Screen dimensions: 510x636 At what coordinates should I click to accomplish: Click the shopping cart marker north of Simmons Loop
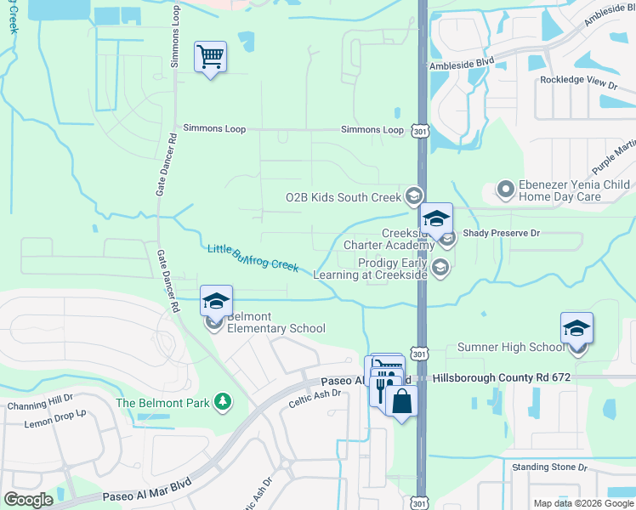coord(210,58)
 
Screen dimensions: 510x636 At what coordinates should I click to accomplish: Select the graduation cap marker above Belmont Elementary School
coord(216,301)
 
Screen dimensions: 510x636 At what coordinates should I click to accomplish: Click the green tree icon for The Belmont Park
coord(223,401)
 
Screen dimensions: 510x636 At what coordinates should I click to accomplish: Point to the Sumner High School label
coord(510,347)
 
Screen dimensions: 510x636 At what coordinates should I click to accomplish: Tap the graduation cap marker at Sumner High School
coord(576,328)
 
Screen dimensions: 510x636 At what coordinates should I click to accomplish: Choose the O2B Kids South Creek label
coord(343,197)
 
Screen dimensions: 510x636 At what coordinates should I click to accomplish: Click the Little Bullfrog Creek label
coord(253,258)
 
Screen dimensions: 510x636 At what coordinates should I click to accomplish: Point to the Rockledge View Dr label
coord(578,82)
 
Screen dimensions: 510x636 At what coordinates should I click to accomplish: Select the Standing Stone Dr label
coord(550,467)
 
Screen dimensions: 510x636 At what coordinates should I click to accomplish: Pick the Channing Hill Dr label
coord(40,406)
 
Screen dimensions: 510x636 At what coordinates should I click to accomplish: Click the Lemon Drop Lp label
coord(55,422)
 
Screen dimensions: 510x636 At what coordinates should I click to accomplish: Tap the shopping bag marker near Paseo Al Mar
coord(402,400)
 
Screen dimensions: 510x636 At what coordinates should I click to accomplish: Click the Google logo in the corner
coord(28,500)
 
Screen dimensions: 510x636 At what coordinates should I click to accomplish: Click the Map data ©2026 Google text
coord(583,503)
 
